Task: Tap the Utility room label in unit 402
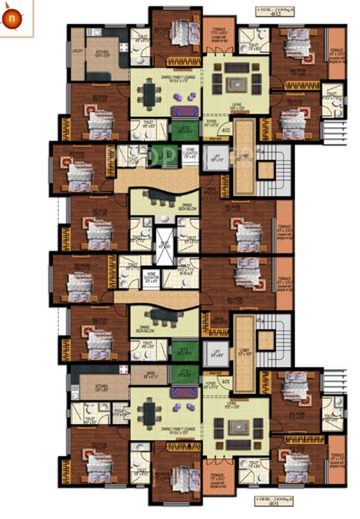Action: pyautogui.click(x=78, y=51)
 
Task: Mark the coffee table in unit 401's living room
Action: pyautogui.click(x=236, y=427)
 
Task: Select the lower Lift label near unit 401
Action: pyautogui.click(x=217, y=353)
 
